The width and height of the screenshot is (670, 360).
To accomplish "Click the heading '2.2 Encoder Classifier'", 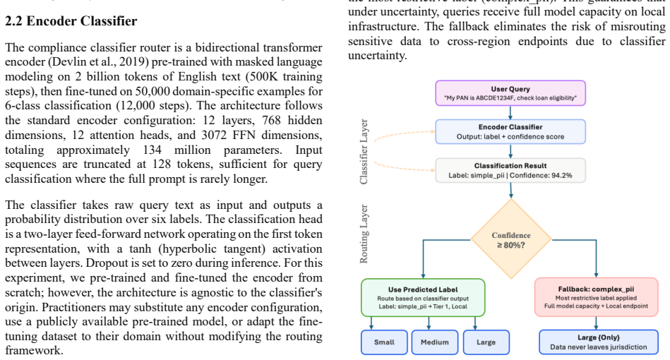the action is pos(71,21).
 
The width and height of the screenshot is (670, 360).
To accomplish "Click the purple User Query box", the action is pos(510,93).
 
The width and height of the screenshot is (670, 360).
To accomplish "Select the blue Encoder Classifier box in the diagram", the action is pos(510,131).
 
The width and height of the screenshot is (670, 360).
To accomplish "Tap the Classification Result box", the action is pos(510,170).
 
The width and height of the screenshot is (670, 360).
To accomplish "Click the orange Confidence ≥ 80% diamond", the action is pos(511,239).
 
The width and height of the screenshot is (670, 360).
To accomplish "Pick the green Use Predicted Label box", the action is pos(423,298).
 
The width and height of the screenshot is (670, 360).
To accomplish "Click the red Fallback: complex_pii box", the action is pos(596,297).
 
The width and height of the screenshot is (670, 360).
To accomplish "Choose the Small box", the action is pos(384,342).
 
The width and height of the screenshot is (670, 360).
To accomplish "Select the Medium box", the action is pos(435,342).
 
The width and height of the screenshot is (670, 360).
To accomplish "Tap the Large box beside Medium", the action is pos(486,342).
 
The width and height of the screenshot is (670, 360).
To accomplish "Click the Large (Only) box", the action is pos(599,342).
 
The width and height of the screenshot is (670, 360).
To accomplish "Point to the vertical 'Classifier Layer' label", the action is pos(364,152).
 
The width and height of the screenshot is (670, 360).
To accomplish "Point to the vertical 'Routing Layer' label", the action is pos(364,234).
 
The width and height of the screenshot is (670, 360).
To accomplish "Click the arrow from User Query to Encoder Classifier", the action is pos(510,113).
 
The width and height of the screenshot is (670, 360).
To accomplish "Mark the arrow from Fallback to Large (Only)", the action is pos(597,323).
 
